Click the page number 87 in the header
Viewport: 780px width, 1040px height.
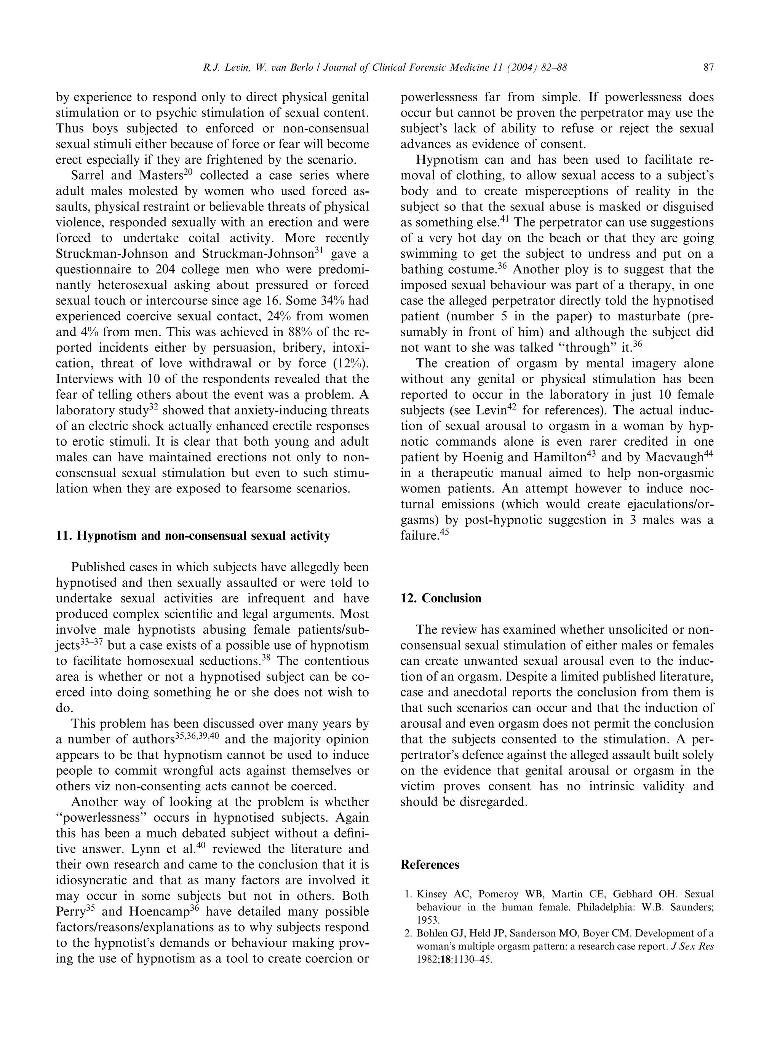click(x=708, y=68)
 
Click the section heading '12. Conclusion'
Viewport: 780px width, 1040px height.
click(x=440, y=599)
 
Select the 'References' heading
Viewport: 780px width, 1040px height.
click(x=430, y=865)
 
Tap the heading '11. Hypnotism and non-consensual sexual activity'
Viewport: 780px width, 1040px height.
click(x=193, y=536)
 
